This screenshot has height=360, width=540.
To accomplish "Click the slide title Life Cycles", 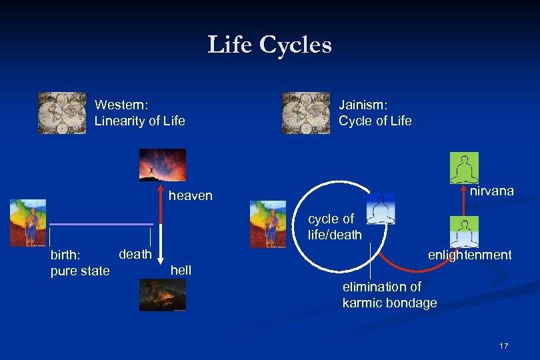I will pyautogui.click(x=269, y=45).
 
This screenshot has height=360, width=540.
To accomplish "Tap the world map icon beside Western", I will pyautogui.click(x=62, y=113).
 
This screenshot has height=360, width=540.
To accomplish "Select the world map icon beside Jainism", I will pyautogui.click(x=306, y=113).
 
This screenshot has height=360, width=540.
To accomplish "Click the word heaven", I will pyautogui.click(x=191, y=196).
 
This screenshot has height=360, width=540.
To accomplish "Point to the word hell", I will pyautogui.click(x=181, y=270).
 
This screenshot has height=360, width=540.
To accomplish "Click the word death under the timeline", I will pyautogui.click(x=135, y=254).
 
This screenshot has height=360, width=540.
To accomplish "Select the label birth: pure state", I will pyautogui.click(x=80, y=263).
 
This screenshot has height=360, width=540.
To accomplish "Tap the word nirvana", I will pyautogui.click(x=492, y=191).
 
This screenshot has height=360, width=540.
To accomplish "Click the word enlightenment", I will pyautogui.click(x=469, y=255).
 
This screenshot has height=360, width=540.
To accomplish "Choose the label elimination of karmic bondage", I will pyautogui.click(x=389, y=295).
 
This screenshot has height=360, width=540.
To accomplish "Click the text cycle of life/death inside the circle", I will pyautogui.click(x=335, y=227).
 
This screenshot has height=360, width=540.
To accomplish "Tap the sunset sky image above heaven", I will pyautogui.click(x=163, y=165).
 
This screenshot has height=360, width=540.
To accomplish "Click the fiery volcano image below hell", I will pyautogui.click(x=163, y=295).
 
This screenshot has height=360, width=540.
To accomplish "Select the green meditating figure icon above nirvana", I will pyautogui.click(x=464, y=168).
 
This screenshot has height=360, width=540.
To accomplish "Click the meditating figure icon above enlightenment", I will pyautogui.click(x=464, y=232).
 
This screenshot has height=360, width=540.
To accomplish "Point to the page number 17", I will pyautogui.click(x=503, y=346).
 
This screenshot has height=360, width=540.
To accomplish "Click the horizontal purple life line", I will pyautogui.click(x=101, y=224).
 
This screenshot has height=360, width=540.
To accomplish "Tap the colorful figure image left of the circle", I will pyautogui.click(x=267, y=224).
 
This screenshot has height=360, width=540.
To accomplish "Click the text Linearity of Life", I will pyautogui.click(x=140, y=121).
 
